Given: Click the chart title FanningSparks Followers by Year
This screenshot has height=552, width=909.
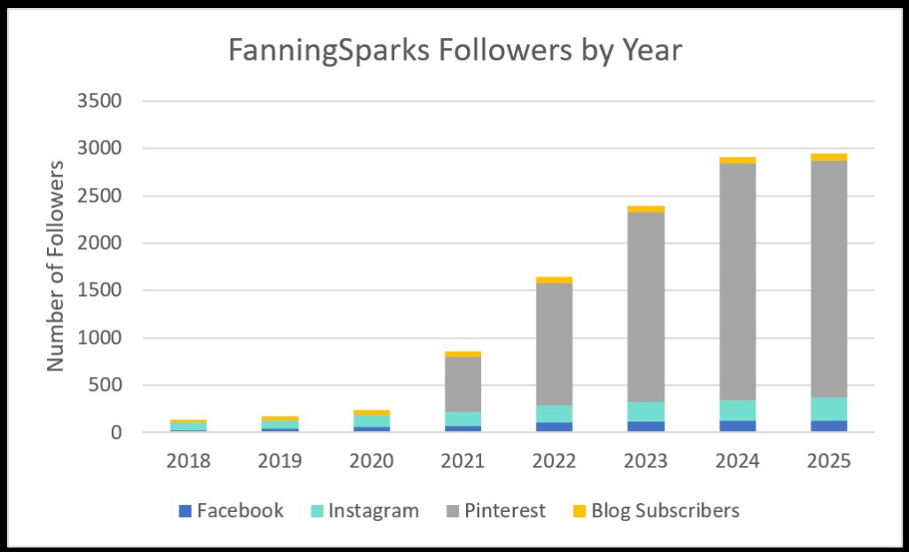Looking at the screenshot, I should tap(454, 51).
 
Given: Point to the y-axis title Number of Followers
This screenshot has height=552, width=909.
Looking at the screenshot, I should tap(56, 266).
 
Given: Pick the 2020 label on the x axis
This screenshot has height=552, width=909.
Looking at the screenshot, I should tap(372, 460).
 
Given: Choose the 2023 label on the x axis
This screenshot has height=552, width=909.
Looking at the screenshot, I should tap(646, 460).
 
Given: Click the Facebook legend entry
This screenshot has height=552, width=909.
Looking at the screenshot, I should tap(231, 511).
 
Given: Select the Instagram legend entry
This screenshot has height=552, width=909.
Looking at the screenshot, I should tap(364, 511).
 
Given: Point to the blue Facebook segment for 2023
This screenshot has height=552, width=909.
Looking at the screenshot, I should tap(646, 427).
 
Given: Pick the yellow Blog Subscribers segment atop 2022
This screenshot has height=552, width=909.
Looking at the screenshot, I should tap(555, 280).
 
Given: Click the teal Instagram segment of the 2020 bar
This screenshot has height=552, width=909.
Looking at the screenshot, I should tap(372, 421).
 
